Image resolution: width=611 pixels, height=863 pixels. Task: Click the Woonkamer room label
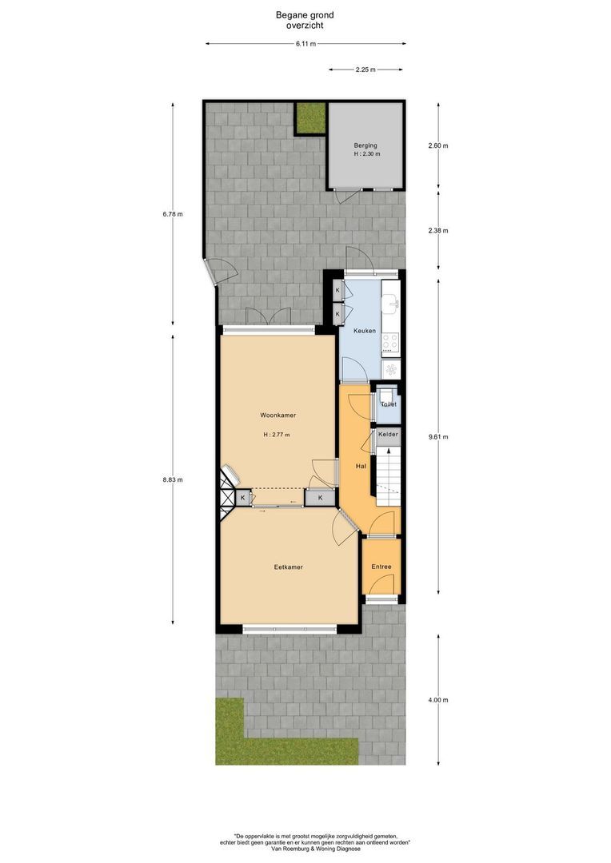pos(278,416)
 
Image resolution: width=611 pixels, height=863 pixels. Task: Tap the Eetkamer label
pos(288,567)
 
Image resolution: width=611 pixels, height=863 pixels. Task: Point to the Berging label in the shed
pos(365,146)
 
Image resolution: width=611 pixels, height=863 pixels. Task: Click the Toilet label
pos(388,404)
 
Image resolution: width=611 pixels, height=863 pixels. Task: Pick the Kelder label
pos(388,434)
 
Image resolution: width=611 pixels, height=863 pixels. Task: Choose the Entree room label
pos(381,567)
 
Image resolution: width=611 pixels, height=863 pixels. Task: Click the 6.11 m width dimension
pos(305,44)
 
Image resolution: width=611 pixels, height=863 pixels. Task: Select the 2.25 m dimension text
pos(366,70)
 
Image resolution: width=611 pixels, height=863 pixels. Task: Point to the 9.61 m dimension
pos(438,437)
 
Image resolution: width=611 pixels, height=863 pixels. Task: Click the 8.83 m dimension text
pos(173,480)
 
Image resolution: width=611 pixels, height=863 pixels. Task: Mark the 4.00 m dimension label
pos(438,700)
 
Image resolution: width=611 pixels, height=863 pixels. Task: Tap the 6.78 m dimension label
pos(173,214)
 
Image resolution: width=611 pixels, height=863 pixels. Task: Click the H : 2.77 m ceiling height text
pos(277,435)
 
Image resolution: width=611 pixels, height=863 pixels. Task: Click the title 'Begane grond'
pos(305,14)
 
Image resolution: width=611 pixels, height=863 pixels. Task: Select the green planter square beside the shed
pos(309,118)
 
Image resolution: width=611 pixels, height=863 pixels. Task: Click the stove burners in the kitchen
pos(390,343)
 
